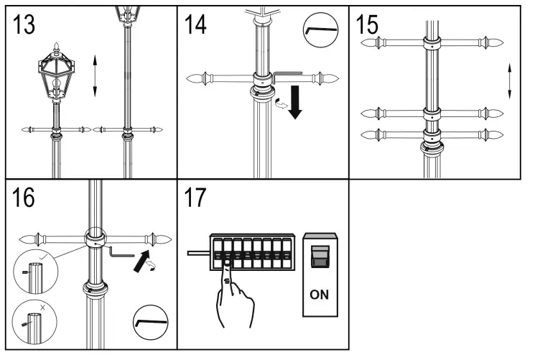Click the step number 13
pos(24,25)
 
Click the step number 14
pos(195,25)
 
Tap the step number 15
pos(368,25)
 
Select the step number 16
pos(24,198)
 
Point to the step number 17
pos(195,198)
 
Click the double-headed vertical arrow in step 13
pos(95,75)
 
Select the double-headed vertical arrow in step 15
pos(508,81)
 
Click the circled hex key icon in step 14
pos(320,30)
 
